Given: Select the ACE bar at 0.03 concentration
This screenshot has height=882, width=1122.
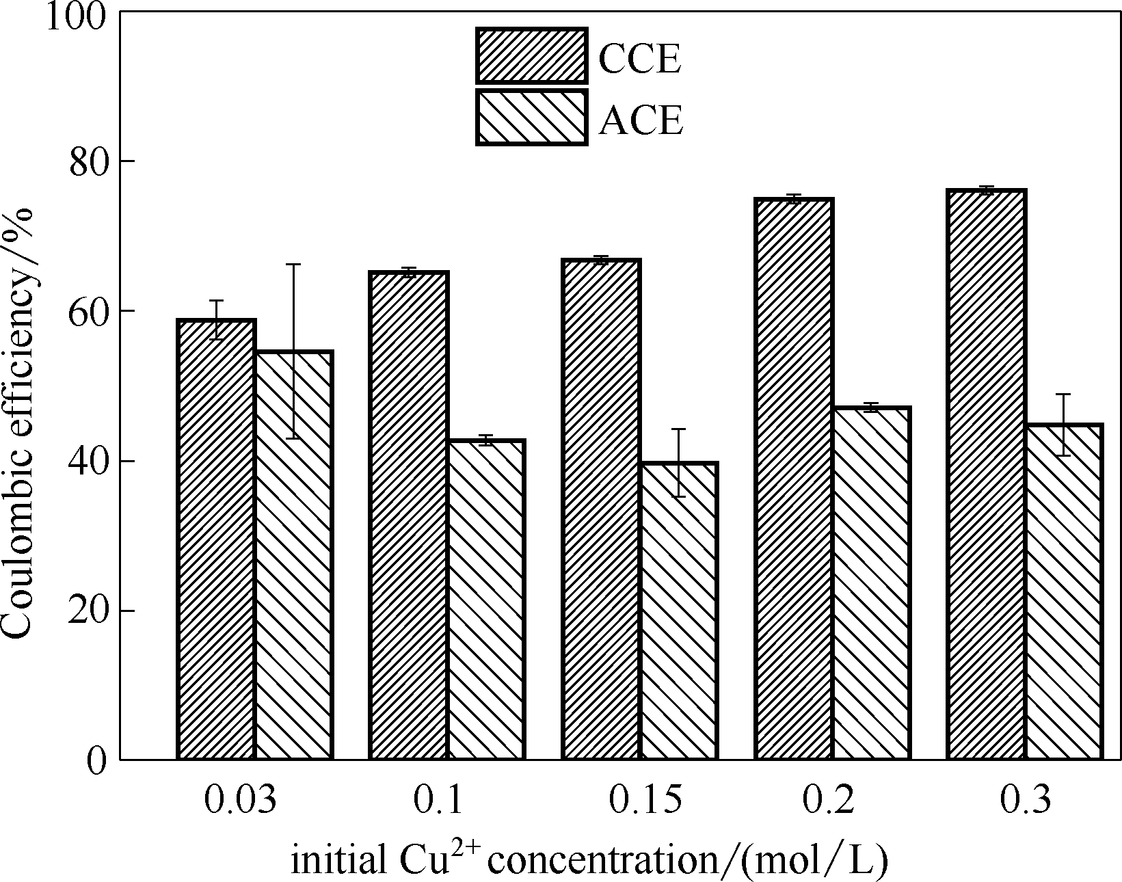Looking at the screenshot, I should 293,554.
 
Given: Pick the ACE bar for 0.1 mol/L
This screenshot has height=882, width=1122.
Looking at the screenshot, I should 486,599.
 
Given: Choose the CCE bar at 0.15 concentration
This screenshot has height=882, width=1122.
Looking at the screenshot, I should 601,509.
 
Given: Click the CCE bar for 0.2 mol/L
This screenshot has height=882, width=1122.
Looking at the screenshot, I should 794,479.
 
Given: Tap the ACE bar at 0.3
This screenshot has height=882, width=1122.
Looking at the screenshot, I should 1063,591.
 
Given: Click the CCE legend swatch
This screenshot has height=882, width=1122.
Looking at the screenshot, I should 531,56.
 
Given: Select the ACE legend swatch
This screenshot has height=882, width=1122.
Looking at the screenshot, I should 531,117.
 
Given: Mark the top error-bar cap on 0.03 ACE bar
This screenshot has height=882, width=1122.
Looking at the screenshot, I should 293,264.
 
